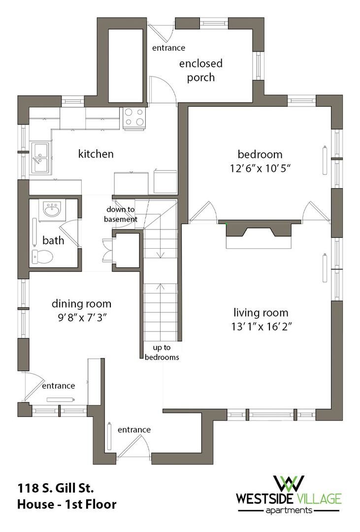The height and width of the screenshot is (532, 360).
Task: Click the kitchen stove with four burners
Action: tap(135, 118)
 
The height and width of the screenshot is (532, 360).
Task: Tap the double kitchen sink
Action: tap(40, 158)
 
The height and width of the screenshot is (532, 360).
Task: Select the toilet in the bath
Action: tap(42, 257)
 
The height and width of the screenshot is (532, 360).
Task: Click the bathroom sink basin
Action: tap(52, 209)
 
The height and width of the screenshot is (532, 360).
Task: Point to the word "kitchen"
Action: tap(96, 154)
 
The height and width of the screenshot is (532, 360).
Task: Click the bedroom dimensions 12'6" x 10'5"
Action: tap(260, 168)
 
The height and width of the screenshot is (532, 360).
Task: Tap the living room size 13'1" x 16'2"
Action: tap(261, 327)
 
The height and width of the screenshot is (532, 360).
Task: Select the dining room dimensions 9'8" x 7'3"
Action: tap(81, 318)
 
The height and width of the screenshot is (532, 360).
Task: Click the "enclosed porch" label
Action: tap(201, 70)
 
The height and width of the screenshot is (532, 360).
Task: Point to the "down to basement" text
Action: tap(121, 214)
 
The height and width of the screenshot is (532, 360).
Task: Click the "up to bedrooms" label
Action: tap(162, 352)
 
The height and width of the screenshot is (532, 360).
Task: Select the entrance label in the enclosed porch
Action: tap(168, 48)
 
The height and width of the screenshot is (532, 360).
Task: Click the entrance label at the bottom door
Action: tap(134, 430)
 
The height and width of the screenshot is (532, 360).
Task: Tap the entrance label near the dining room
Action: tap(59, 386)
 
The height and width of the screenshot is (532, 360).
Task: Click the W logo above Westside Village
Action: tap(289, 484)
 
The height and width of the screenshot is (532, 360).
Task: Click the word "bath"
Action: tap(53, 240)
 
